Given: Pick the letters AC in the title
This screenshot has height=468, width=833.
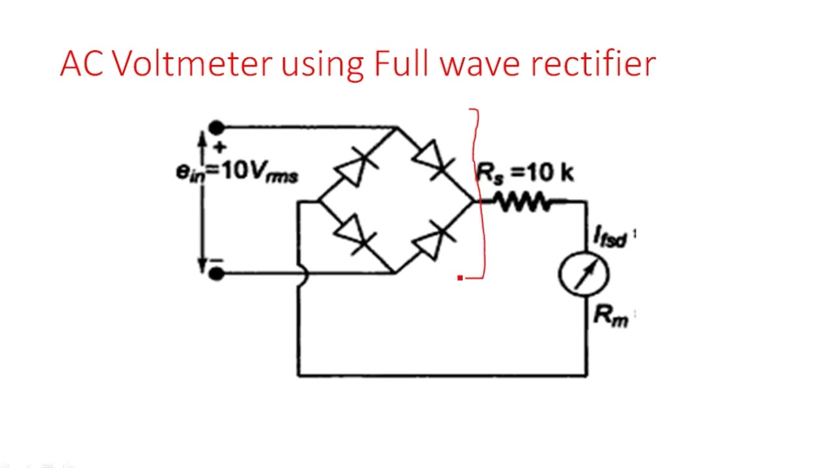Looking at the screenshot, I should pyautogui.click(x=82, y=64).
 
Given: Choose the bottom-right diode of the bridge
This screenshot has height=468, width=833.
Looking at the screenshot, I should pyautogui.click(x=434, y=240).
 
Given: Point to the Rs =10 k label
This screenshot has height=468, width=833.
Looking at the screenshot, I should pyautogui.click(x=525, y=173).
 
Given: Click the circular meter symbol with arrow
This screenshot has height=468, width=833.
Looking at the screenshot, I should pyautogui.click(x=584, y=274).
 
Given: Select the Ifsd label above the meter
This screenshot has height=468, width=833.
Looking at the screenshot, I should pyautogui.click(x=610, y=237).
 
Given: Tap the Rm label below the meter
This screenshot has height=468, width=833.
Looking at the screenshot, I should pyautogui.click(x=610, y=316).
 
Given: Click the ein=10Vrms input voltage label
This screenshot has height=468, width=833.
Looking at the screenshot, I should pyautogui.click(x=237, y=172).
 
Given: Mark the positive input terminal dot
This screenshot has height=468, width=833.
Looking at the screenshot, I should pyautogui.click(x=217, y=127).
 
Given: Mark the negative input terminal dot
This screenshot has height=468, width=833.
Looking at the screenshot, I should pyautogui.click(x=217, y=274).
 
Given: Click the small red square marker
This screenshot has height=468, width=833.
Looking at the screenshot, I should pyautogui.click(x=460, y=278).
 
